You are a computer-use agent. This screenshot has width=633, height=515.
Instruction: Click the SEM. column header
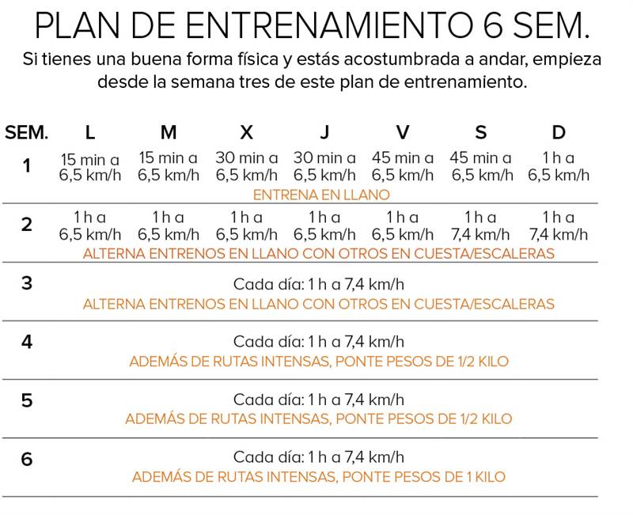pos(27,132)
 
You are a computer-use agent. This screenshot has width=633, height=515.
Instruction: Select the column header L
pos(89,132)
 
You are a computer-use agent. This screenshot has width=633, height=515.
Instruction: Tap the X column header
pos(246,132)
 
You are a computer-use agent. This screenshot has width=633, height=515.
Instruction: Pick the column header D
pos(559,132)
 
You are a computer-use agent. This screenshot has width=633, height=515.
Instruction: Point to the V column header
pos(403,132)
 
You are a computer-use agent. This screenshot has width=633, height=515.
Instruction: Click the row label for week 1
pos(27,166)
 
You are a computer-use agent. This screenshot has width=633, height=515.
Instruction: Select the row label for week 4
pos(27,342)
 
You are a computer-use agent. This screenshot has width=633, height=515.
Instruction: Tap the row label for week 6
pos(27,459)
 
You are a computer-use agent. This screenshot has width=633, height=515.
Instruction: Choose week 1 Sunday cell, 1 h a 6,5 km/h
pos(559,167)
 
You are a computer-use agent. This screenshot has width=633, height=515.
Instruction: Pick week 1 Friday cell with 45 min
pos(403,167)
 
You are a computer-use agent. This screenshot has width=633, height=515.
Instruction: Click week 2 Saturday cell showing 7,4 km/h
pos(481,225)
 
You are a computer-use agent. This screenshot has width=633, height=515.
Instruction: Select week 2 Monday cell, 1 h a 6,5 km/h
pos(89,225)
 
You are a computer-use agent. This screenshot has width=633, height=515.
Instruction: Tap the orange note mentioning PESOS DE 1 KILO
pos(319,477)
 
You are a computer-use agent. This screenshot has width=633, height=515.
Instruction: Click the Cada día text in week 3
pos(319,283)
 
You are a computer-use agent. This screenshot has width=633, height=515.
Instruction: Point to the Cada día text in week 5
pos(319,400)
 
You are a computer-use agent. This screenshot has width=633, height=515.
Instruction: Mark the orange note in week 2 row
pos(319,253)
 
